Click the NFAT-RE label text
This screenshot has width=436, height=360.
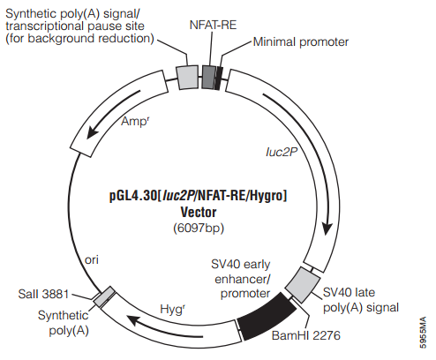click(213, 25)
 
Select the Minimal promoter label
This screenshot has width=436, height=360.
click(301, 42)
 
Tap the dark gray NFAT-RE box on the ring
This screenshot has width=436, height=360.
click(208, 77)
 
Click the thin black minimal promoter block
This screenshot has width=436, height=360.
click(218, 78)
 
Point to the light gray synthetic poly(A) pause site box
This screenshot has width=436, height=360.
click(187, 77)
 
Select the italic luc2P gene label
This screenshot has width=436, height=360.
click(282, 152)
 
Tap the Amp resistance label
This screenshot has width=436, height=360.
click(135, 121)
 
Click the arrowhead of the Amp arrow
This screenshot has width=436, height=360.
click(92, 132)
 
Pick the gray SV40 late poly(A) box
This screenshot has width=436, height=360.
click(303, 285)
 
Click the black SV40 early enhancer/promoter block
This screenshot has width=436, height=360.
click(267, 317)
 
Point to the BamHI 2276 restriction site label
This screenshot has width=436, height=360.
click(306, 335)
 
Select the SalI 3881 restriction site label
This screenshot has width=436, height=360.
click(43, 294)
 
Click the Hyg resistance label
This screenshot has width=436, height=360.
click(172, 309)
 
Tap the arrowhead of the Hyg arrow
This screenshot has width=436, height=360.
click(132, 320)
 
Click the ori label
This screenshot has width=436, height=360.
click(92, 259)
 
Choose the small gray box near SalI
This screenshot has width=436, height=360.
click(104, 296)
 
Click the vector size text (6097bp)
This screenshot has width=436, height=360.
click(199, 229)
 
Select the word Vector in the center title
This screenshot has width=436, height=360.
click(199, 212)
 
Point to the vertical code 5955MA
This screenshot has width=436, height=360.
click(423, 333)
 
